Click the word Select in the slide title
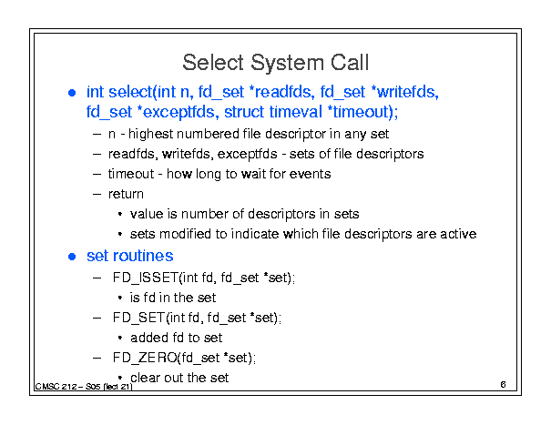coord(213,63)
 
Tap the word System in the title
coord(287,64)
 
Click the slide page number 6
coord(503,385)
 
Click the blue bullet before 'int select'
coord(72,93)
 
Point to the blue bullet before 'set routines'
coord(72,257)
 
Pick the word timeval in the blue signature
coord(295,112)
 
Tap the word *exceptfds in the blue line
coord(179,113)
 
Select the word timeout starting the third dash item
coord(131,174)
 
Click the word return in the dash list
coord(126,194)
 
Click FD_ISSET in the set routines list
coord(146,278)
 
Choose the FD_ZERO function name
coord(145,358)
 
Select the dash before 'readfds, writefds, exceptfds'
coord(97,154)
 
